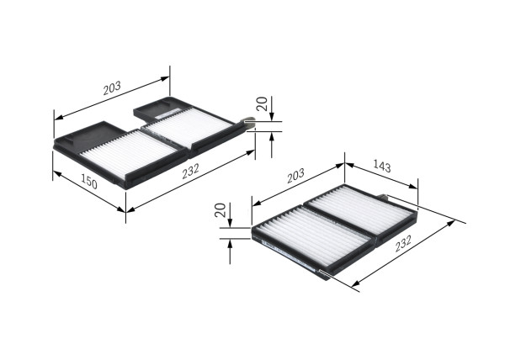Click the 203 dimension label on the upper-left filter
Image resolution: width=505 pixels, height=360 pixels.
112,87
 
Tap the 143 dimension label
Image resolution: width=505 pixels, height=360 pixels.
381,167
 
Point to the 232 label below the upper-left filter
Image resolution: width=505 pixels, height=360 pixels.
190,171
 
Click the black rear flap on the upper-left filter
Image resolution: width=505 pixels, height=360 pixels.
160,109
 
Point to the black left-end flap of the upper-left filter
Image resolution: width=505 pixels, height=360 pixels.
79,135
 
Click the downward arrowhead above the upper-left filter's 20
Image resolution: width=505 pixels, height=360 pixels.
271,117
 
